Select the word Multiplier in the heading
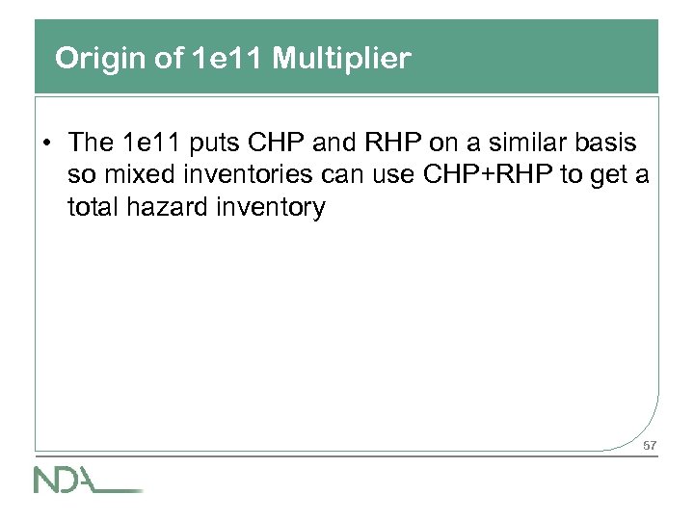342,60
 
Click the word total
93,206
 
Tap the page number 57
649,446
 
